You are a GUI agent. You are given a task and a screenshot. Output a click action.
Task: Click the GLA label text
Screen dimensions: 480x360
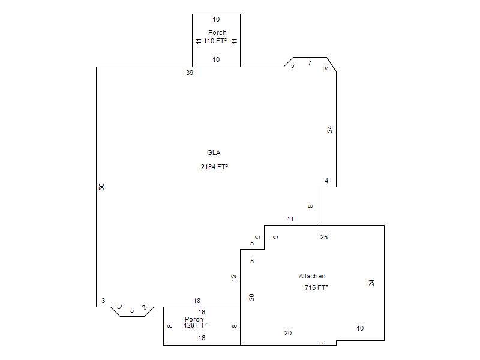(214, 152)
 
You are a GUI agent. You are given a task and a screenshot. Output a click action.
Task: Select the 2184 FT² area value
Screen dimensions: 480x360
(214, 167)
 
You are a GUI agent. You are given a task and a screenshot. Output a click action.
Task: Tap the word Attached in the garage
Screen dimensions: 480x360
(312, 276)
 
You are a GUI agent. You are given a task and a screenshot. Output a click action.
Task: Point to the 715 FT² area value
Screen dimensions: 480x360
(316, 287)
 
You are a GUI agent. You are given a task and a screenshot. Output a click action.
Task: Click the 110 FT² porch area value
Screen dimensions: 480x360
(215, 41)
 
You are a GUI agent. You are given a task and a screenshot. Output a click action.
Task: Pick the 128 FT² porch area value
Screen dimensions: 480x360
(196, 325)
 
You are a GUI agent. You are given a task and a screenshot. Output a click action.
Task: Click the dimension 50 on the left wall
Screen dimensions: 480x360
(101, 187)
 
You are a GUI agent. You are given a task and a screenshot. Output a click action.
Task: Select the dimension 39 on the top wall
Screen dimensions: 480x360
(190, 73)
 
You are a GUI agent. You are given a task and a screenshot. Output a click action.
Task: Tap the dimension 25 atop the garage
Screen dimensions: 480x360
(324, 237)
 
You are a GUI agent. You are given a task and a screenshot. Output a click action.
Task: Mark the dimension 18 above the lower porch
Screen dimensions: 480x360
(197, 301)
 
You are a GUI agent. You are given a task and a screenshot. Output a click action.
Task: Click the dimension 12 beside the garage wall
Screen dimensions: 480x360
(234, 278)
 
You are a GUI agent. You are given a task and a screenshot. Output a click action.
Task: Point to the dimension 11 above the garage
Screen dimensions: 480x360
(290, 219)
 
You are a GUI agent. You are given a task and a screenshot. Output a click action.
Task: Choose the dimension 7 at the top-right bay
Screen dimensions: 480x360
(310, 63)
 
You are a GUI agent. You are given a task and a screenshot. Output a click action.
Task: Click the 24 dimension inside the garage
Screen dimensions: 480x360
(371, 283)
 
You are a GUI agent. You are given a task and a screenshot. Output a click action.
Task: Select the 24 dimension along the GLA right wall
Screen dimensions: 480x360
(329, 130)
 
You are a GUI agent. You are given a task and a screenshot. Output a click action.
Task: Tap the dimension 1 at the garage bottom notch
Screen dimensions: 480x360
(323, 343)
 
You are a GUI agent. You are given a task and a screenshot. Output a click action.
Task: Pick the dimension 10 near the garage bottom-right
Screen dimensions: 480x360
(360, 328)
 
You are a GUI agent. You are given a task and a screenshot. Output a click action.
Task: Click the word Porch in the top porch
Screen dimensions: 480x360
(217, 32)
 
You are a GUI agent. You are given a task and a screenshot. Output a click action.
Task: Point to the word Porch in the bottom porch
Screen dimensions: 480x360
(194, 319)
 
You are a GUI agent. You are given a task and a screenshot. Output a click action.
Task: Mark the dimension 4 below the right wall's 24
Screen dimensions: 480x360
(326, 181)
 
